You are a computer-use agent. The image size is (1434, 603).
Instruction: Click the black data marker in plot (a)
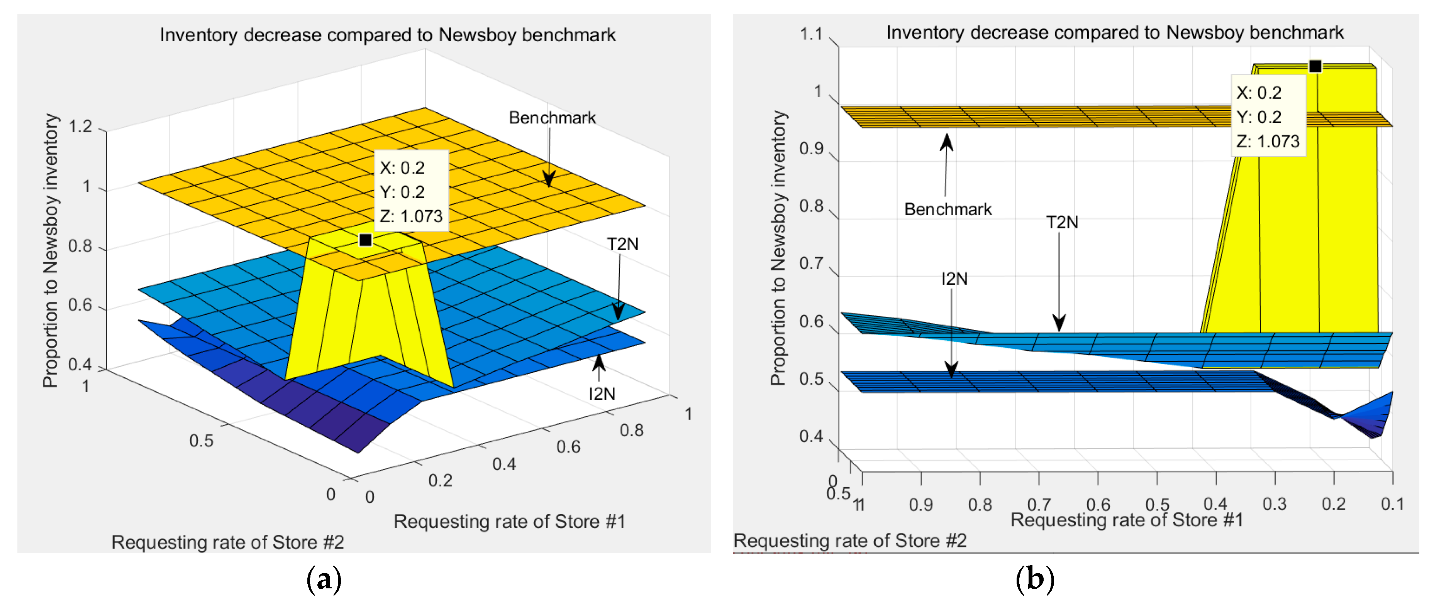click(x=365, y=240)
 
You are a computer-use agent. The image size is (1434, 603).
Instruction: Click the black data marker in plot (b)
click(x=1314, y=66)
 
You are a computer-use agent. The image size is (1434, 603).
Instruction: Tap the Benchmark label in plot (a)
click(x=552, y=118)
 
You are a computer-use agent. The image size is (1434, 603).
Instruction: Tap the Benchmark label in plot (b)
click(x=948, y=209)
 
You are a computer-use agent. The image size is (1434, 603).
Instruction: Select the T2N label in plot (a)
click(x=622, y=244)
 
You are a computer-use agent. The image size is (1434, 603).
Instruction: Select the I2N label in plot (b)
click(x=954, y=278)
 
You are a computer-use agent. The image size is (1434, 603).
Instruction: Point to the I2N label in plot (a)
click(x=602, y=394)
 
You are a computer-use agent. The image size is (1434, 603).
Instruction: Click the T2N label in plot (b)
click(x=1061, y=223)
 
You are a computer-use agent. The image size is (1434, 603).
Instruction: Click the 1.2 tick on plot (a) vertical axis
click(x=80, y=127)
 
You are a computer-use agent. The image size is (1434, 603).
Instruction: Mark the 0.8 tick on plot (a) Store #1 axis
click(x=632, y=431)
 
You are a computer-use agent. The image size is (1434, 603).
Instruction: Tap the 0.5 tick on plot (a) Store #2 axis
click(x=201, y=441)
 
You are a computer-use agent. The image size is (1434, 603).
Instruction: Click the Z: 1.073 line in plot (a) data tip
click(x=411, y=216)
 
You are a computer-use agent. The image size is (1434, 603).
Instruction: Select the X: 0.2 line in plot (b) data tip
click(x=1259, y=93)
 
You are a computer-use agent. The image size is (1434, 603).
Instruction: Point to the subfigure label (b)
click(x=1034, y=579)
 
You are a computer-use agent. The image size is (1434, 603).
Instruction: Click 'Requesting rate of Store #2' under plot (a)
click(x=228, y=542)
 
